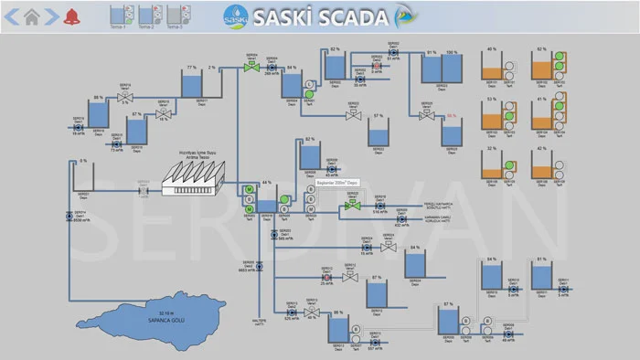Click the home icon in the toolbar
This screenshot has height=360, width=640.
(x=32, y=16)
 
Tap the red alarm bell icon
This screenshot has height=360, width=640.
(x=71, y=16)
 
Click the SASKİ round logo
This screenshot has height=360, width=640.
(x=235, y=16)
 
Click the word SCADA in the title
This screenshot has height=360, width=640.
(x=350, y=16)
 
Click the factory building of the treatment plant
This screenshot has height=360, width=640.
(x=191, y=177)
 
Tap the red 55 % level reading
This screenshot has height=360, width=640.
(x=451, y=116)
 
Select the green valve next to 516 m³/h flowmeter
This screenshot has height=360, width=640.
(x=351, y=206)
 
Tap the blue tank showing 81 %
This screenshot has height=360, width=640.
(x=542, y=276)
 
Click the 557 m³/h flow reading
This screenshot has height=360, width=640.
(x=372, y=348)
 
